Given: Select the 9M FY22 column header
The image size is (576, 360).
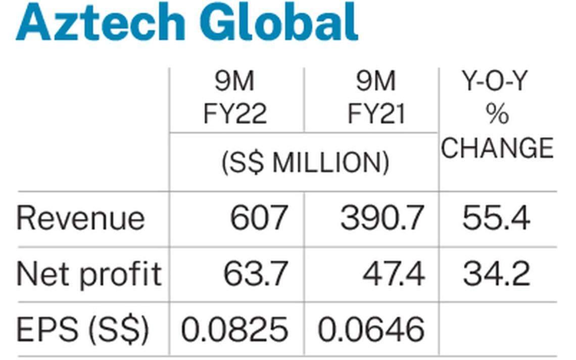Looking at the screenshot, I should click(x=235, y=98).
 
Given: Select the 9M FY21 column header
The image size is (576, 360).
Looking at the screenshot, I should click(x=376, y=98).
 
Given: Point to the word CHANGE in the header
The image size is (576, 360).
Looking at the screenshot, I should click(x=498, y=148).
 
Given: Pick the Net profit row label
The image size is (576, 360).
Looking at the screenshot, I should click(x=89, y=274).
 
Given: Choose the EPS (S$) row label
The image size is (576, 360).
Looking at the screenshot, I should click(x=83, y=330).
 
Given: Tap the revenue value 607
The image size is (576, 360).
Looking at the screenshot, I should click(x=259, y=218).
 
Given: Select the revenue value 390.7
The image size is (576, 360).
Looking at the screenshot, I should click(x=382, y=218).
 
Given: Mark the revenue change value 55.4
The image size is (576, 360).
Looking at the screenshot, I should click(x=496, y=218).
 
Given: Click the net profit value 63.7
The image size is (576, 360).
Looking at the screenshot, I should click(x=256, y=274).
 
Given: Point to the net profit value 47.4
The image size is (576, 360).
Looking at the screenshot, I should click(x=394, y=274).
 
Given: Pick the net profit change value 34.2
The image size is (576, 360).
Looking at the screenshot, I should click(x=496, y=274).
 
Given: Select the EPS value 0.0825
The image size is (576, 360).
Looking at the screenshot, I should click(x=235, y=330).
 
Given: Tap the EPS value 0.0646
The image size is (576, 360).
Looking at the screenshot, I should click(x=371, y=330).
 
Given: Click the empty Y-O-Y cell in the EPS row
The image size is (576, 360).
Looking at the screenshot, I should click(x=498, y=330).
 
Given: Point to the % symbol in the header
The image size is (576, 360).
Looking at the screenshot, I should click(x=498, y=115).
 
